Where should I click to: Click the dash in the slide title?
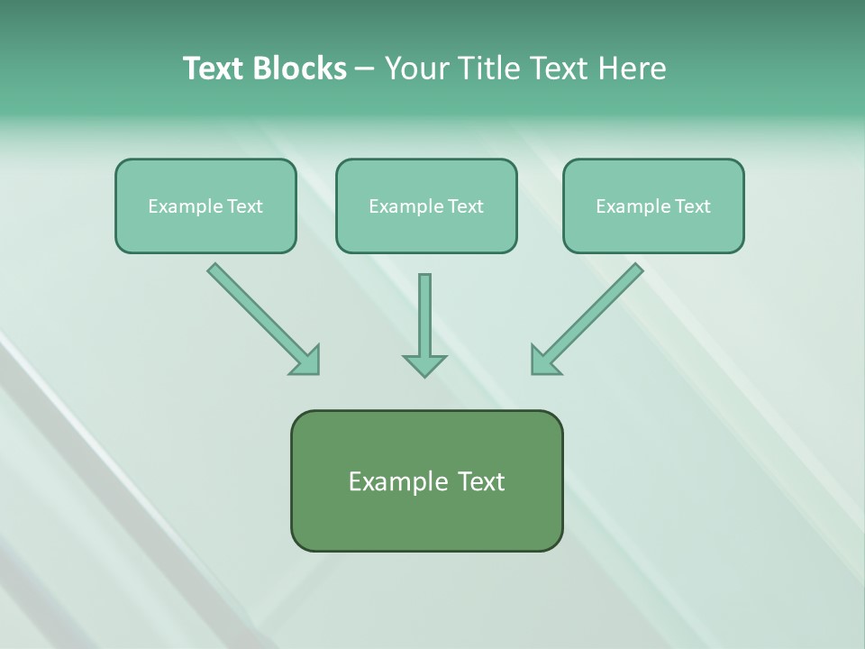point(365,69)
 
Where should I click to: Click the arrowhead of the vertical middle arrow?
point(424,365)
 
